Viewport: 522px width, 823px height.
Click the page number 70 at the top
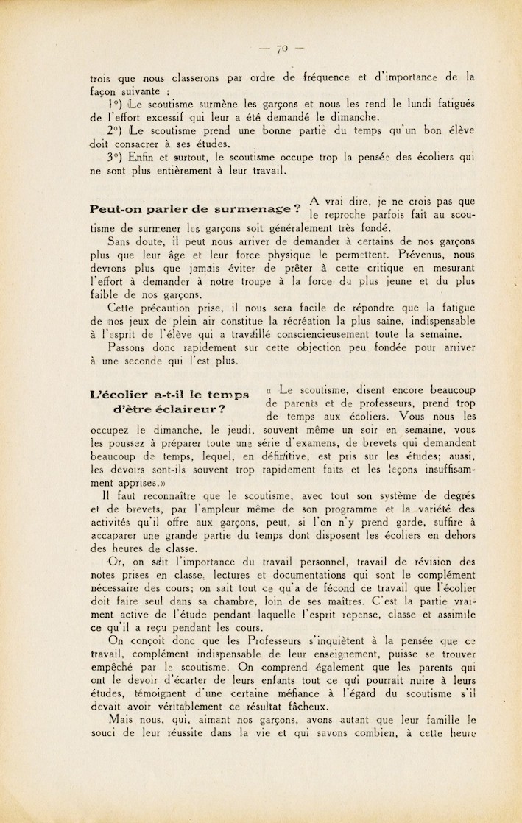click(x=281, y=49)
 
